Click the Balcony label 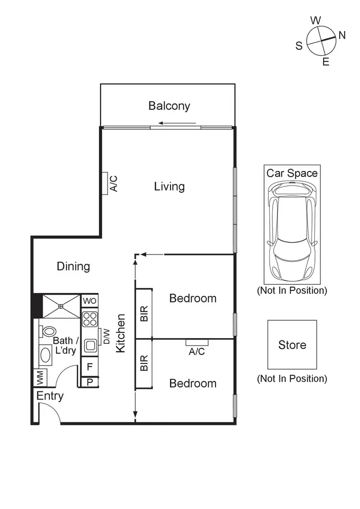click(x=169, y=106)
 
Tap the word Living click(x=169, y=186)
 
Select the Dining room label click(x=73, y=266)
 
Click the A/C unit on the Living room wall click(x=104, y=183)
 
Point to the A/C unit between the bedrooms click(x=197, y=342)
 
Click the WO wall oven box click(x=90, y=301)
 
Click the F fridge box click(x=90, y=367)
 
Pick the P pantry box click(x=90, y=382)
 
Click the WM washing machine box click(x=40, y=377)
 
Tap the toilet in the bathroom click(x=48, y=331)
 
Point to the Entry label click(x=50, y=396)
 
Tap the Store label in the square click(x=292, y=345)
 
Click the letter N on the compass click(x=342, y=35)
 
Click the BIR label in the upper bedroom click(x=144, y=313)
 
